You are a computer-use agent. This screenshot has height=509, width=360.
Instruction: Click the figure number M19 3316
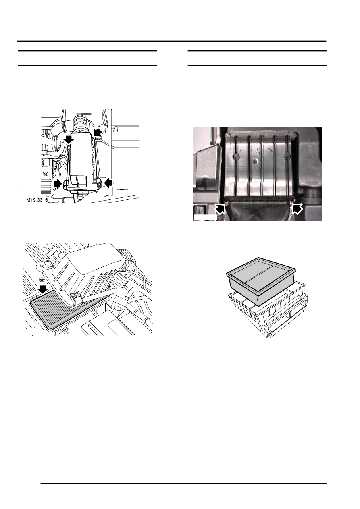pyautogui.click(x=37, y=200)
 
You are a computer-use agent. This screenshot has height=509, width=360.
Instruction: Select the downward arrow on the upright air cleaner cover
pyautogui.click(x=69, y=139)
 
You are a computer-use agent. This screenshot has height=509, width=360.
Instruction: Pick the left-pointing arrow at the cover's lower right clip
pyautogui.click(x=108, y=183)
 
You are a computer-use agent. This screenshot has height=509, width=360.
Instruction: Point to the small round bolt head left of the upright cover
pyautogui.click(x=46, y=174)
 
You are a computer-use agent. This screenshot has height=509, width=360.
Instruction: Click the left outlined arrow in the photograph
pyautogui.click(x=220, y=209)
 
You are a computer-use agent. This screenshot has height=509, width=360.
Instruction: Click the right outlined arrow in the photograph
pyautogui.click(x=297, y=209)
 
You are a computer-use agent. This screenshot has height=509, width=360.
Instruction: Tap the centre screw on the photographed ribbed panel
pyautogui.click(x=256, y=161)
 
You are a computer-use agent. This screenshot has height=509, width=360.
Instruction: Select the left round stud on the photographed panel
pyautogui.click(x=237, y=156)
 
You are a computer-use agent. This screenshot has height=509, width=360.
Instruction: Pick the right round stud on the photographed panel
pyautogui.click(x=288, y=156)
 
